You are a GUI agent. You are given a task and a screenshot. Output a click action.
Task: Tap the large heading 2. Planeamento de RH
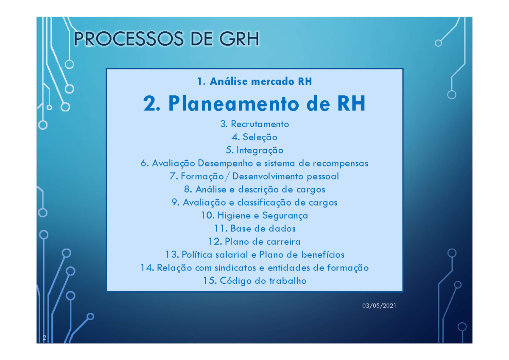coord(255,104)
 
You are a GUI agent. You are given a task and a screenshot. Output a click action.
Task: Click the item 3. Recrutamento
coord(255,124)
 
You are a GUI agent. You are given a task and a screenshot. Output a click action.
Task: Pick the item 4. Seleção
coord(255,137)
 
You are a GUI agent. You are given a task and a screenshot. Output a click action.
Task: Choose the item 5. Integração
coord(255,151)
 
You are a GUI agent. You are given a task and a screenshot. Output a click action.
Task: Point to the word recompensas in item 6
coord(341,164)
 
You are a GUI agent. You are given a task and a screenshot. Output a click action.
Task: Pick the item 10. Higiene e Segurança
coord(255,216)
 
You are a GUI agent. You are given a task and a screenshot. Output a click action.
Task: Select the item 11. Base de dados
coord(255,229)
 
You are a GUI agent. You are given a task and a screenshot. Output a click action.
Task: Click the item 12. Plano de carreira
coord(255,242)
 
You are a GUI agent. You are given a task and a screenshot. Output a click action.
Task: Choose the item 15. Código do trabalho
coord(255,281)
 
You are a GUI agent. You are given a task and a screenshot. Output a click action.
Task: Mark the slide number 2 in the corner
coord(44,338)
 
